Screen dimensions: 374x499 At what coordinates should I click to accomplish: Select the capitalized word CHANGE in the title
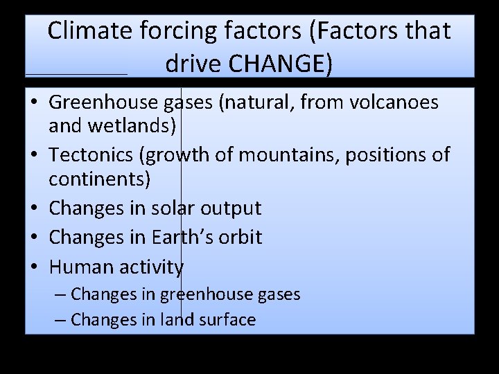click(275, 64)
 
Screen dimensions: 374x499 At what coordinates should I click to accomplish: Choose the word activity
click(150, 267)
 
